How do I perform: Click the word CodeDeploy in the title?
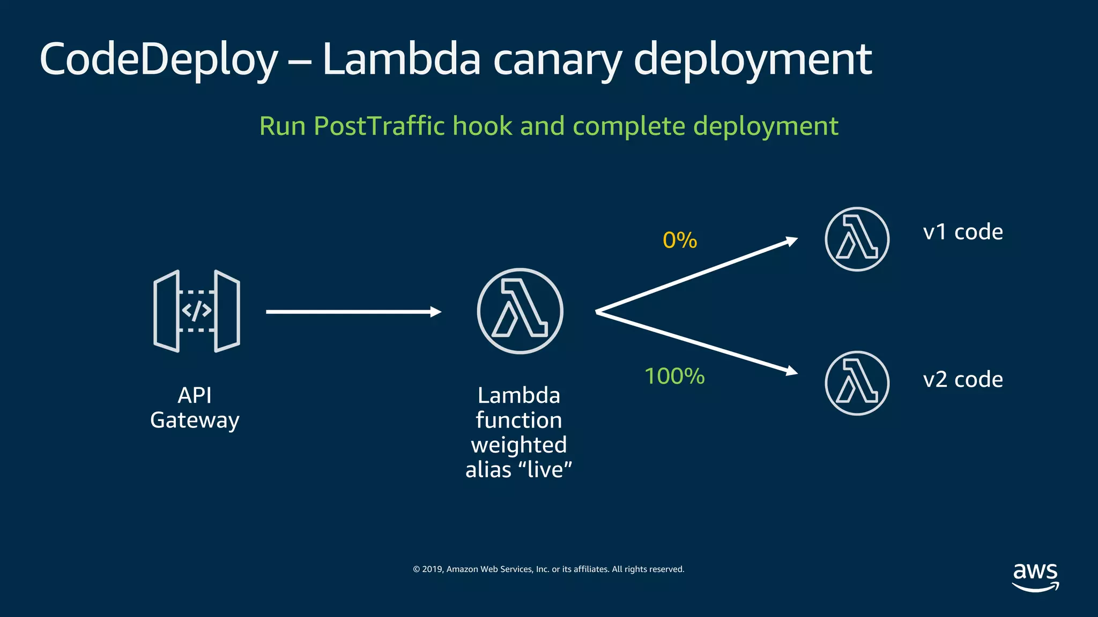coord(159,60)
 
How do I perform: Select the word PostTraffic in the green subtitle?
coord(379,126)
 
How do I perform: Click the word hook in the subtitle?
coord(482,126)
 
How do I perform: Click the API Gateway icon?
coord(197,311)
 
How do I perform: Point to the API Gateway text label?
coord(195,408)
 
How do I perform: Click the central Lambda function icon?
coord(520,311)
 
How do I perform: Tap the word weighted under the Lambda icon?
coord(518,445)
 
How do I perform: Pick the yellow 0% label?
coord(679,240)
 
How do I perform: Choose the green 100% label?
coord(674,376)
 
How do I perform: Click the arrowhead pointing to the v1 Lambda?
coord(792,241)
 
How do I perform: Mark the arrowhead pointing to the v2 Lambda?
coord(792,371)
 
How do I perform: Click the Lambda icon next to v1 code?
coord(857,239)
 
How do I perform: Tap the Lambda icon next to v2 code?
coord(857,383)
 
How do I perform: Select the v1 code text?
coord(962,232)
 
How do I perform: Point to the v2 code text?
coord(962,380)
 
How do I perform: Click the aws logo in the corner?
coord(1035,576)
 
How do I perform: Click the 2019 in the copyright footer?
coord(432,569)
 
